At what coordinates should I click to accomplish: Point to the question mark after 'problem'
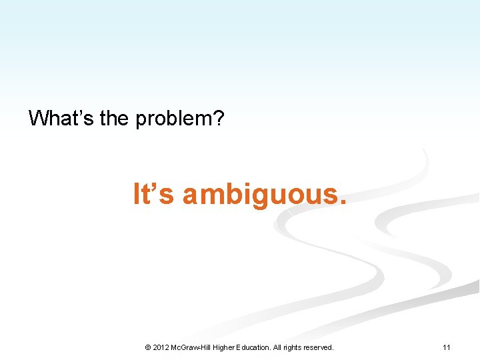[219, 119]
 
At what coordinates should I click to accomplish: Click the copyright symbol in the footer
[147, 347]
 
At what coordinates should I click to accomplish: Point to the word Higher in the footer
[230, 347]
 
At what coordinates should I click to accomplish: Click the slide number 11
[447, 347]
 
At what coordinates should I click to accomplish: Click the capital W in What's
[38, 119]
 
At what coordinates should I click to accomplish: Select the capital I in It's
[137, 194]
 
